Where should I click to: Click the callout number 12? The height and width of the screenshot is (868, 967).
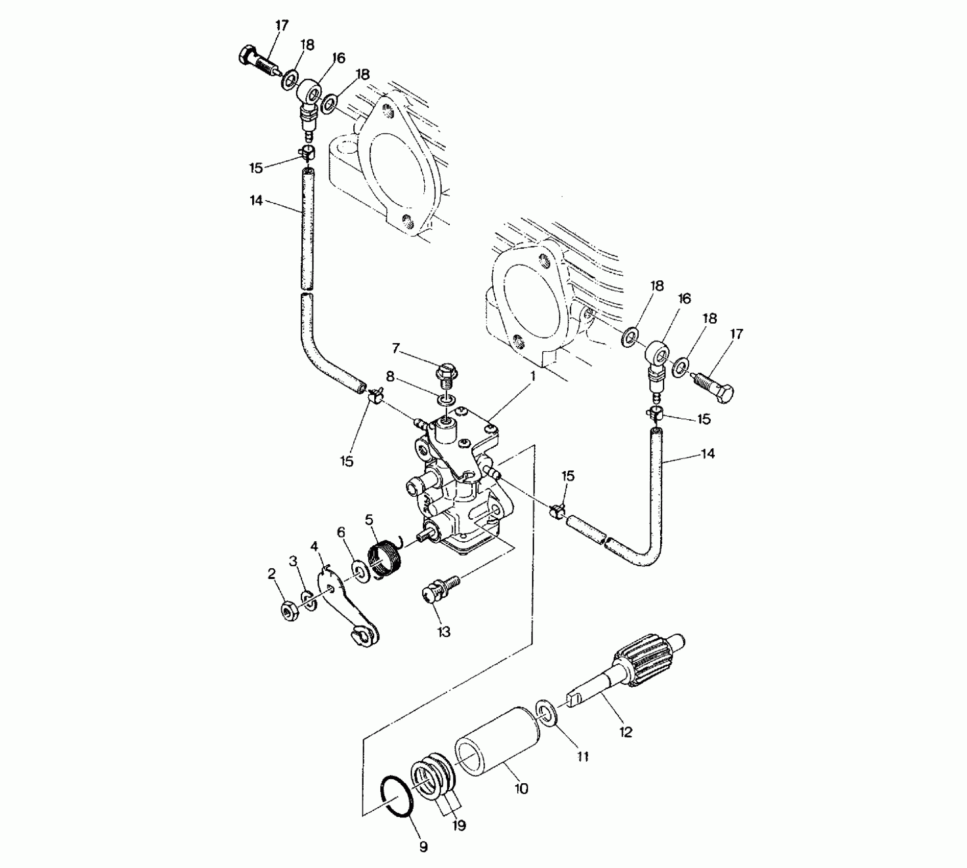625,732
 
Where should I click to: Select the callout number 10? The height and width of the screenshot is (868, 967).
521,788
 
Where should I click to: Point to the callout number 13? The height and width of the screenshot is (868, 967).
444,632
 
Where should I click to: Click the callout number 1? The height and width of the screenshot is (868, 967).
533,377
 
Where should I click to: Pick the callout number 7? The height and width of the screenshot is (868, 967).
396,349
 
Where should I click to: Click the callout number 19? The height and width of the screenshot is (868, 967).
460,826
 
